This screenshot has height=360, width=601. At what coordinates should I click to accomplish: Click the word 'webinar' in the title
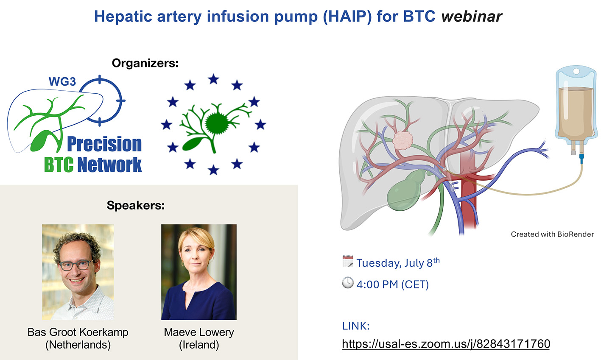(472, 17)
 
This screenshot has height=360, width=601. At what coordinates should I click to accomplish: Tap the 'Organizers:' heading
(145, 63)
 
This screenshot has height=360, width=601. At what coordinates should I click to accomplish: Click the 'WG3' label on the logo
(62, 81)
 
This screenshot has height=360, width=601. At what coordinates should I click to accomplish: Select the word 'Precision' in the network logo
(104, 144)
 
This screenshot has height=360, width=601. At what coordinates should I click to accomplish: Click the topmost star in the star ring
(214, 79)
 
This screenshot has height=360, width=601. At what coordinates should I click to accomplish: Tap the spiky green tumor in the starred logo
(216, 123)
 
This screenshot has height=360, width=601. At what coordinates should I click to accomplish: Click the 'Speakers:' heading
(136, 206)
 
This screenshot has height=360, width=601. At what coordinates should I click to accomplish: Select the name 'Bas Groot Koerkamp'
(78, 332)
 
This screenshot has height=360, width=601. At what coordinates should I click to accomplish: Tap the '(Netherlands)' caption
(78, 345)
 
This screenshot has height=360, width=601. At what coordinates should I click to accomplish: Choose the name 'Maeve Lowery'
(199, 332)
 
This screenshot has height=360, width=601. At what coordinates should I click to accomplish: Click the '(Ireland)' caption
(199, 345)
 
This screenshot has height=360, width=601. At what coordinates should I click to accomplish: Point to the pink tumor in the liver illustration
(403, 140)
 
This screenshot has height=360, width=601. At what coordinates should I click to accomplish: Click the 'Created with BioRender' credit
(552, 234)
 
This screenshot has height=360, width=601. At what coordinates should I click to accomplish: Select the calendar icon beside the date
(348, 261)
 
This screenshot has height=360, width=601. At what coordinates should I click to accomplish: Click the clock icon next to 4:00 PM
(348, 283)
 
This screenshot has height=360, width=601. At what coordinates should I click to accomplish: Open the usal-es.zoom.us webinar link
(446, 344)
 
